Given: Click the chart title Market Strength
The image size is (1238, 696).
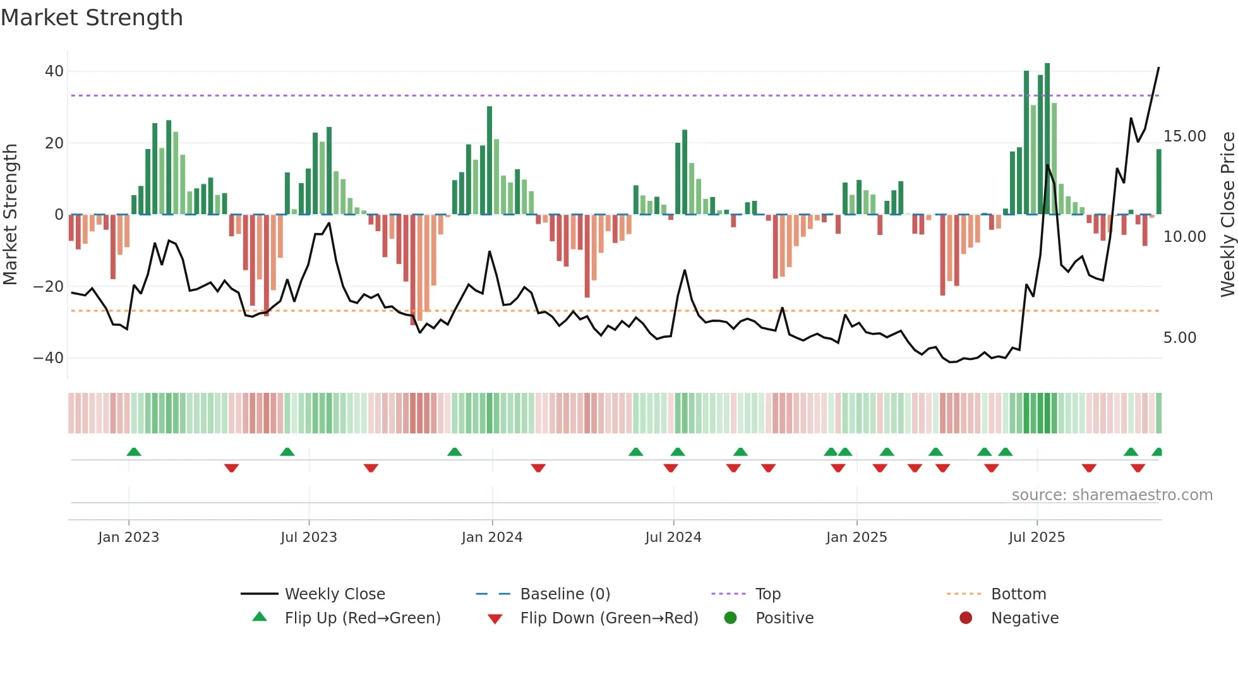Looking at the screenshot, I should [x=92, y=17].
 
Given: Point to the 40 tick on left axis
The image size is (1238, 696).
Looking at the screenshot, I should [x=54, y=71].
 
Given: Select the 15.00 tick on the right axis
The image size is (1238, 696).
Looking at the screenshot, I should [x=1184, y=136].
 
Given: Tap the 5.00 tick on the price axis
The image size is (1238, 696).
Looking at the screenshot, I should [x=1179, y=338].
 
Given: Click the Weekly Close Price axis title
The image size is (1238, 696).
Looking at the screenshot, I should [x=1227, y=214].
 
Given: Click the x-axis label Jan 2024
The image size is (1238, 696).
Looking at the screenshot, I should [x=492, y=537].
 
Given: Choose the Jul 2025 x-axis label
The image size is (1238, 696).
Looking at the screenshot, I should [x=1037, y=537].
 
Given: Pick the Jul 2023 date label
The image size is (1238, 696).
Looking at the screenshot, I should [x=309, y=537].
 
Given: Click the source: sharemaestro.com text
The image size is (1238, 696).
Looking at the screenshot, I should [x=1112, y=495].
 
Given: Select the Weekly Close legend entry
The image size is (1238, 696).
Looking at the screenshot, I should [x=334, y=594].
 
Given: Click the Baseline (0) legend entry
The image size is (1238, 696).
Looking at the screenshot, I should [x=565, y=594].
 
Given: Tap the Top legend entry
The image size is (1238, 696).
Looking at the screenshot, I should [x=768, y=594].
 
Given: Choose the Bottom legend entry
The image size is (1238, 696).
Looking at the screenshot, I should [x=1018, y=594].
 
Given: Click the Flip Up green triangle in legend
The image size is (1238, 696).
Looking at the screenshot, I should [x=260, y=617].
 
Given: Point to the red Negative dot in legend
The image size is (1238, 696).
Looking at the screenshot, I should [x=966, y=618].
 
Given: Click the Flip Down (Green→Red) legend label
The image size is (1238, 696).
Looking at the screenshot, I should [x=609, y=618].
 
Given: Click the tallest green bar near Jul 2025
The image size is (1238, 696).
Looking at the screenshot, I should [x=1047, y=139].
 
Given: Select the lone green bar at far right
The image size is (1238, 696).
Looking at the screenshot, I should [x=1159, y=182].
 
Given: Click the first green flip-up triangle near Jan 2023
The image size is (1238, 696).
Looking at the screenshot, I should [x=134, y=452].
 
